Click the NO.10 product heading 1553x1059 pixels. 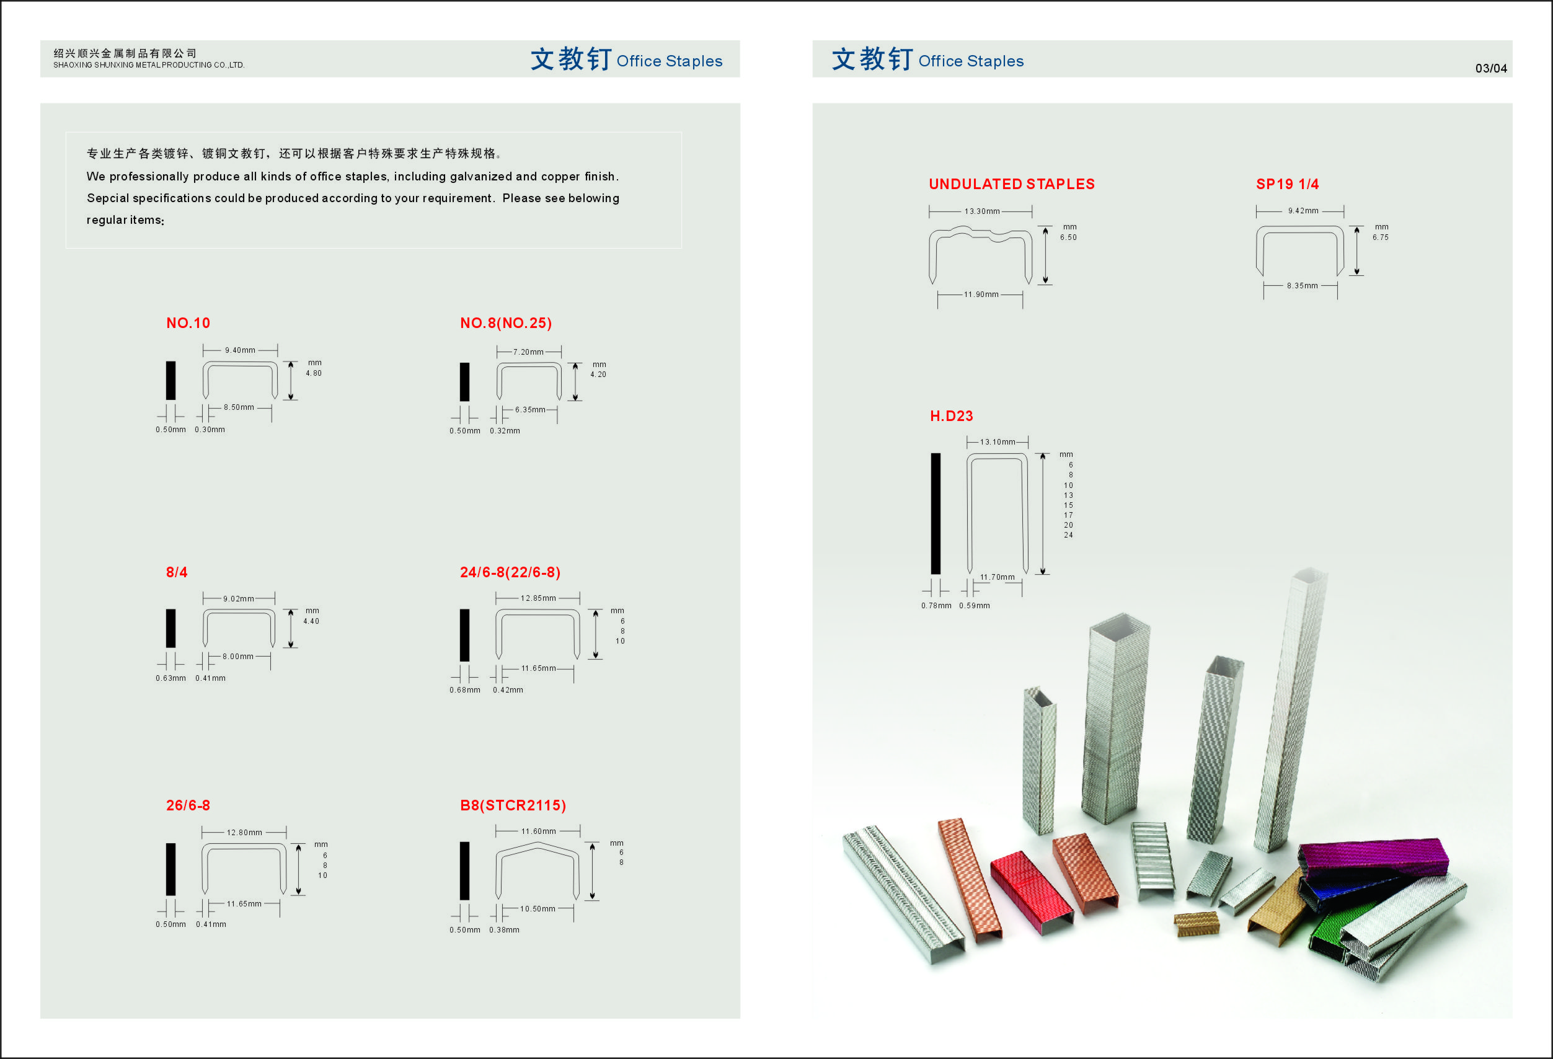188,324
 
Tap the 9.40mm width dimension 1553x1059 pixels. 240,350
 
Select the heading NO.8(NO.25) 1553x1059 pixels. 506,324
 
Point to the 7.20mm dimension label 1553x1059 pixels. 529,352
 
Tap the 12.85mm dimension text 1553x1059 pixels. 538,598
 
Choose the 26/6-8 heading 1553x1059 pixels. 188,805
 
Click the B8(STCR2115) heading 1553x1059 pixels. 513,805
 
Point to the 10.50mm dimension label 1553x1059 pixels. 538,909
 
